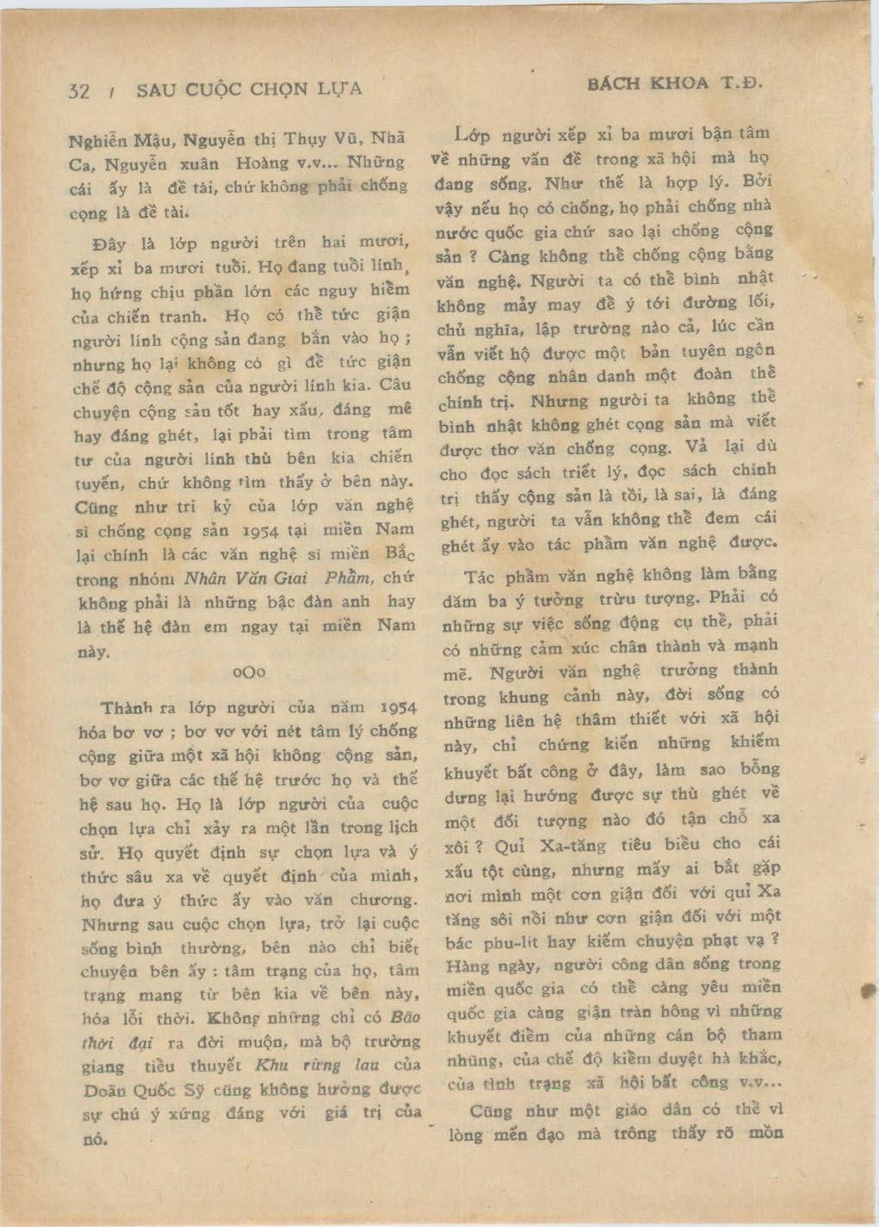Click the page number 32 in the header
tap(78, 91)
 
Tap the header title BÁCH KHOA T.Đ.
tap(675, 83)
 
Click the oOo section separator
tap(248, 672)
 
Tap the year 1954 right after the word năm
tap(399, 707)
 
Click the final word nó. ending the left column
tap(94, 1139)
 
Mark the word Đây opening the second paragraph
tap(108, 244)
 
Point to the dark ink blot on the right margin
tap(868, 990)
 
